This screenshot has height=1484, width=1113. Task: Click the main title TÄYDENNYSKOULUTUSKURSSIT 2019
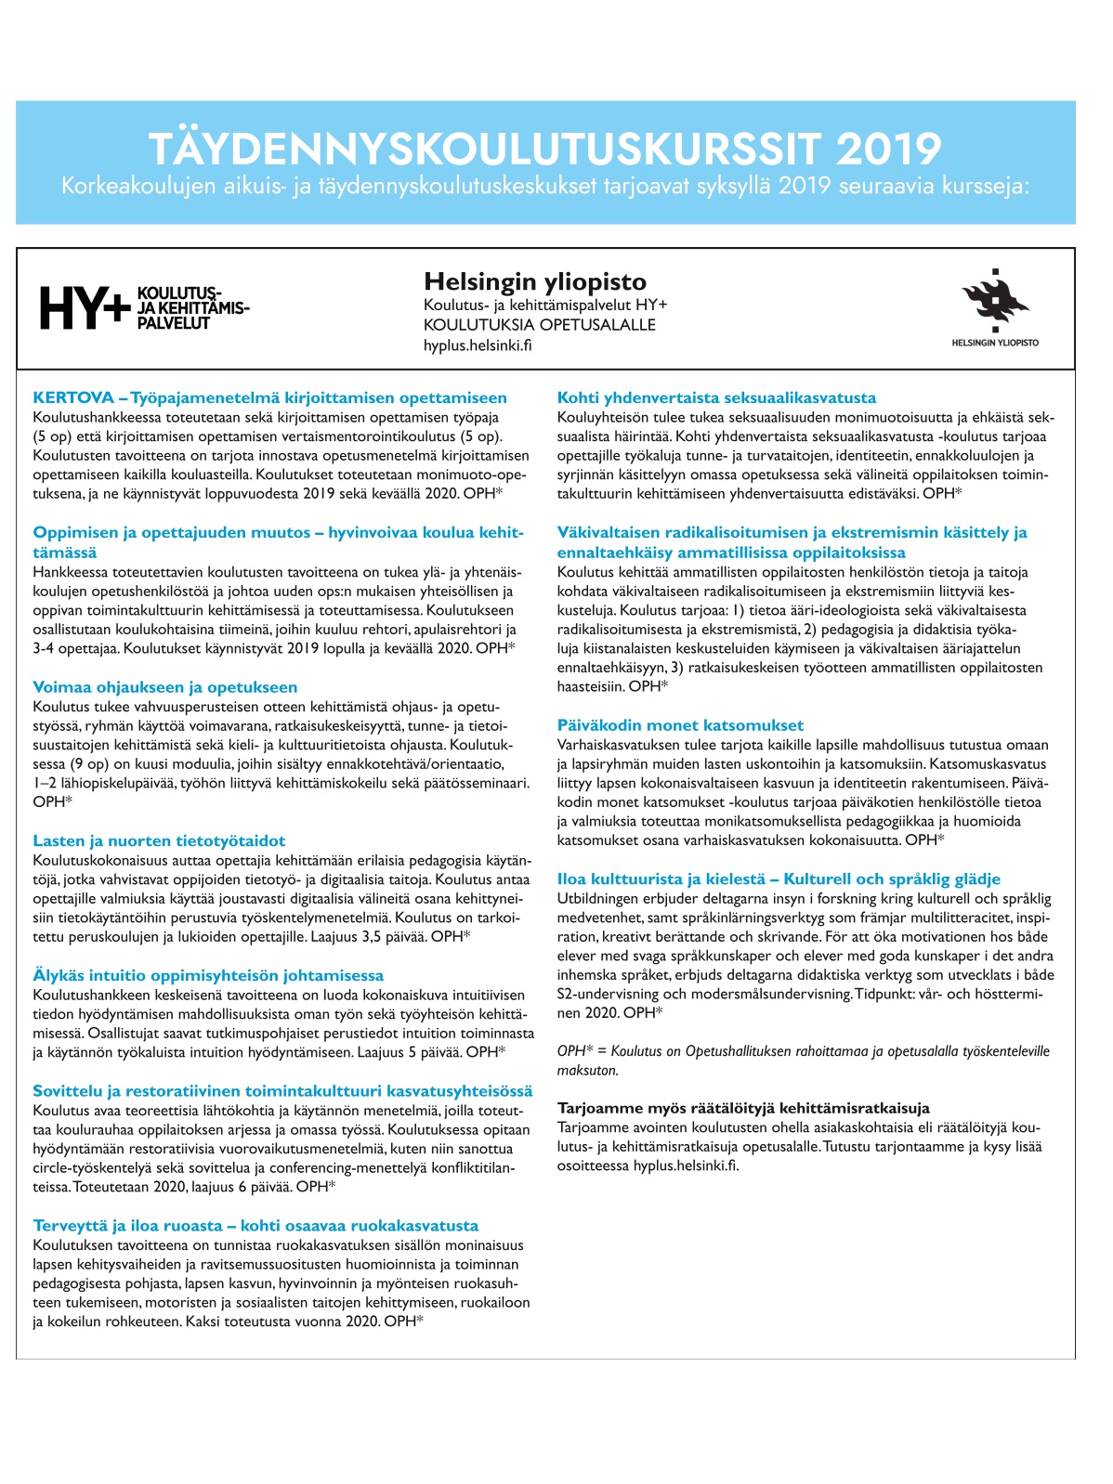tap(544, 149)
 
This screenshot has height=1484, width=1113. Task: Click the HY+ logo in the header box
tap(143, 307)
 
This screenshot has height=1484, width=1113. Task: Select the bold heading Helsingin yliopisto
tap(534, 281)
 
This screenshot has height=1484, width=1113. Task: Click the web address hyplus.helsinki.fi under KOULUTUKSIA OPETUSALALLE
tap(478, 345)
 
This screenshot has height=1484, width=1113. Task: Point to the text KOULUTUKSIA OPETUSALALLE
tap(539, 325)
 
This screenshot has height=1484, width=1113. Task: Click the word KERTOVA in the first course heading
tap(73, 397)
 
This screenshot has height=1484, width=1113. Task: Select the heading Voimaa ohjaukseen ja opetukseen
tap(165, 687)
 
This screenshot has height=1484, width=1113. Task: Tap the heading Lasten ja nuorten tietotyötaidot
tap(159, 840)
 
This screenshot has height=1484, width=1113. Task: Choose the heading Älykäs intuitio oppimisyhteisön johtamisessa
tap(208, 975)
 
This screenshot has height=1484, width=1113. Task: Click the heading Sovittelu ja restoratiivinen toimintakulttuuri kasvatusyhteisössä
tap(282, 1091)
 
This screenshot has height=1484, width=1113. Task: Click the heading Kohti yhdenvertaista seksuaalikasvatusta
tap(716, 397)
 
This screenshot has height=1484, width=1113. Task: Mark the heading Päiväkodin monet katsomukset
tap(680, 725)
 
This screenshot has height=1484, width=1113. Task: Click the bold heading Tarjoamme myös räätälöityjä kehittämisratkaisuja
tap(743, 1108)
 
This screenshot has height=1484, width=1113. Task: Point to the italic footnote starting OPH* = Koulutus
tap(803, 1051)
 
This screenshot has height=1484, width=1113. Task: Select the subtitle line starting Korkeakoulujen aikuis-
tap(545, 187)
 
